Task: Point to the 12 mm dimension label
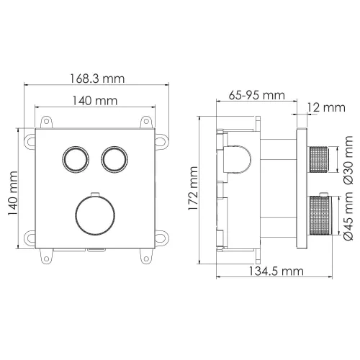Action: coord(328,107)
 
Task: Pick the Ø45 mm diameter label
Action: coord(348,214)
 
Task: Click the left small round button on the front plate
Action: coord(74,158)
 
